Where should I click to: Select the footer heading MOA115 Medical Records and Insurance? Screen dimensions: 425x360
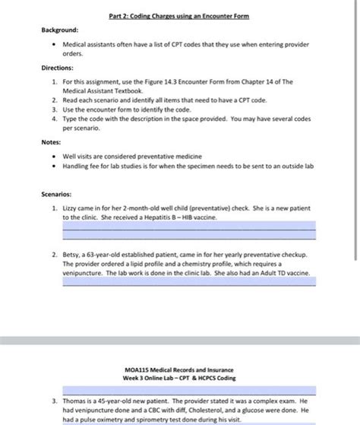(179, 370)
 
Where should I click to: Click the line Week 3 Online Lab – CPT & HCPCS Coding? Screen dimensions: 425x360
(179, 379)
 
